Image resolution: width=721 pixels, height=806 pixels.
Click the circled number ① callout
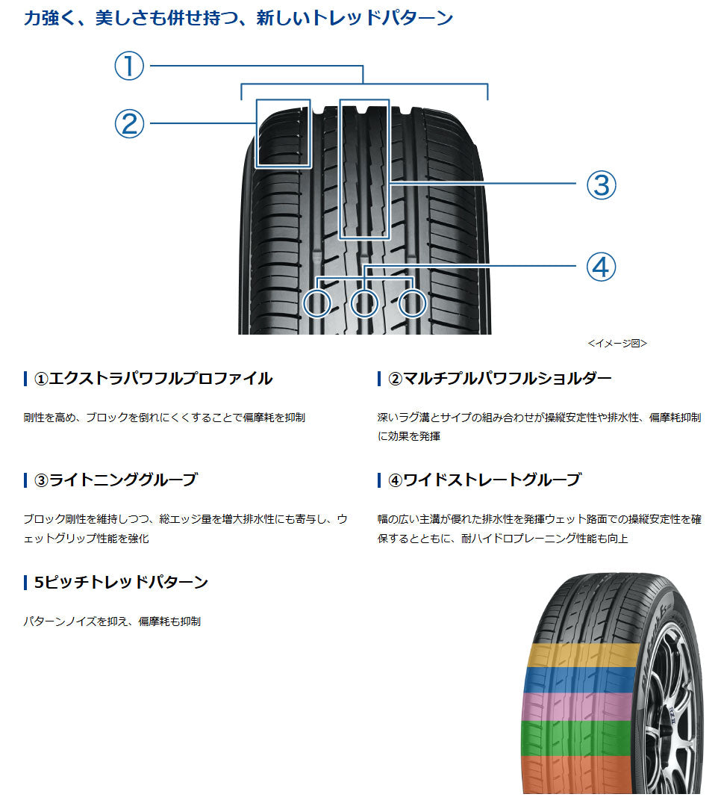pos(128,66)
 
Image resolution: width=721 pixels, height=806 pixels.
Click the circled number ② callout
pos(128,123)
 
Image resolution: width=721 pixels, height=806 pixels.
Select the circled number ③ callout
pos(602,185)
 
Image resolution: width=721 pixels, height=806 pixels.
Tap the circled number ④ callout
pos(602,267)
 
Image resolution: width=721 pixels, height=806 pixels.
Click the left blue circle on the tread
pos(319,303)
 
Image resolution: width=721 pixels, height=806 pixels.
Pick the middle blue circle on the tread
pos(364,303)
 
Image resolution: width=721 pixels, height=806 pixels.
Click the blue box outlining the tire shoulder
pos(283,132)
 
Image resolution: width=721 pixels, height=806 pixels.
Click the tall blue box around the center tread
pos(364,168)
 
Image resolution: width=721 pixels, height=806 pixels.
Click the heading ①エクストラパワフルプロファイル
pos(153,379)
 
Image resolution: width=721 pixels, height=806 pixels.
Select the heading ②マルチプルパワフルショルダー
pos(499,379)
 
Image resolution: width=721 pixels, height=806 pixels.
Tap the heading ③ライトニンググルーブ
pos(116,480)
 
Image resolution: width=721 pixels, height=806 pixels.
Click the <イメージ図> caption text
pos(617,344)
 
